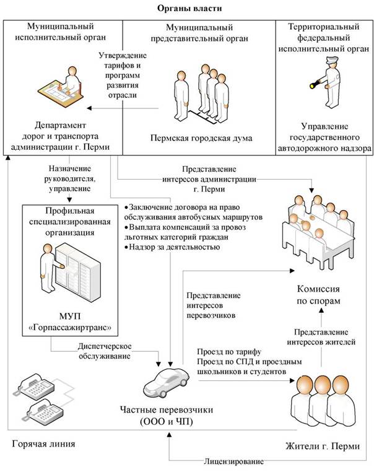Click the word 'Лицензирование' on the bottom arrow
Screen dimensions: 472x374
pos(234,461)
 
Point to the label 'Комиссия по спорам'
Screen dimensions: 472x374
pos(320,294)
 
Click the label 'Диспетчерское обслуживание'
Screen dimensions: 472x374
pos(106,351)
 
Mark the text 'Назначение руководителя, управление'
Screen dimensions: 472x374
pos(69,179)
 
